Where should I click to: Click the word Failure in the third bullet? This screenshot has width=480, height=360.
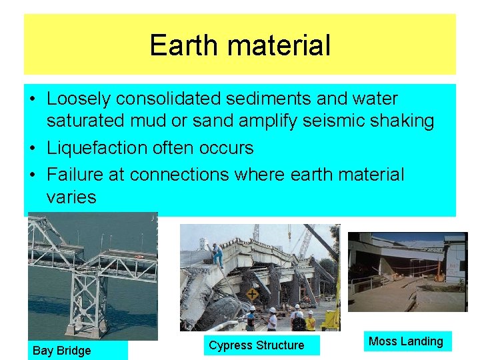[73, 175]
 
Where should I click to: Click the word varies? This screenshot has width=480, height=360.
[71, 197]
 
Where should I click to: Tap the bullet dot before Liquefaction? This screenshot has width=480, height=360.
[33, 148]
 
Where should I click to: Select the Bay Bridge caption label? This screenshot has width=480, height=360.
[61, 351]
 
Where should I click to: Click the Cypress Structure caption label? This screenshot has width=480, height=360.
[256, 345]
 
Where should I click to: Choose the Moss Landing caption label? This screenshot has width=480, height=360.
[405, 341]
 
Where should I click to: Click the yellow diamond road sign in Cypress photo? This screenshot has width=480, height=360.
[252, 294]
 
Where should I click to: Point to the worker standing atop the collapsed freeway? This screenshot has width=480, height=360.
[217, 254]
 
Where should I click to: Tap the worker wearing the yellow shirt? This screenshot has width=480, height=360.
[310, 321]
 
